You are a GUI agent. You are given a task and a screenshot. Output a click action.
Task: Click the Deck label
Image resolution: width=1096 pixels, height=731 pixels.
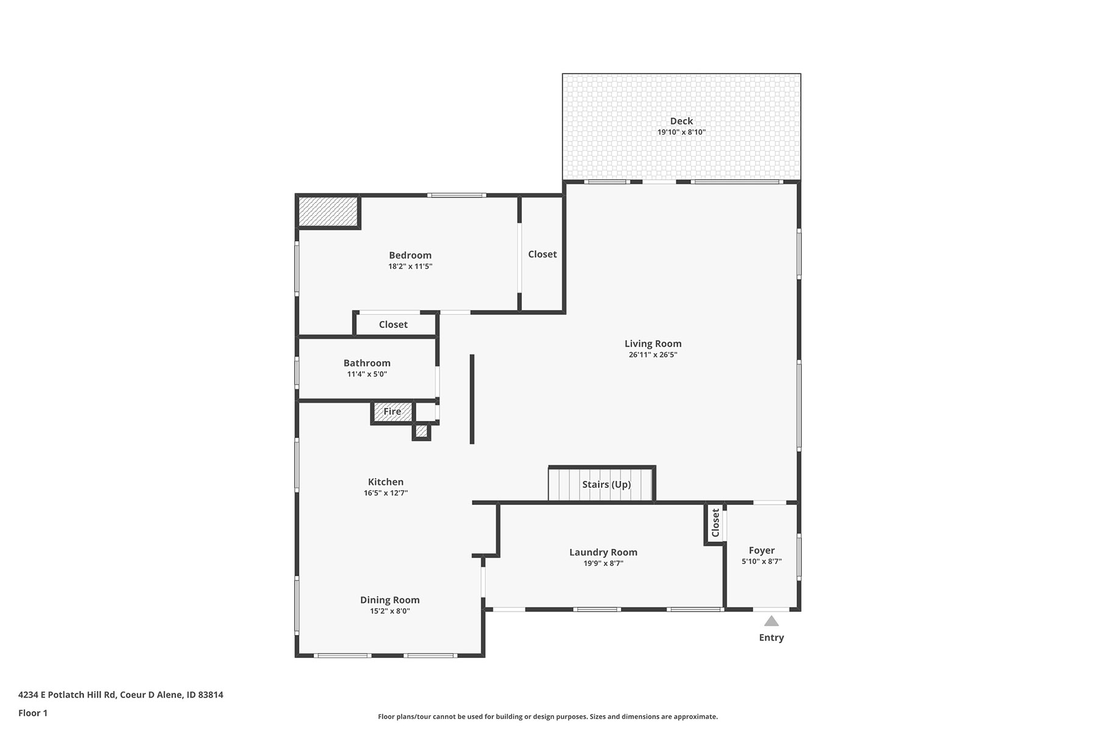[x=681, y=121]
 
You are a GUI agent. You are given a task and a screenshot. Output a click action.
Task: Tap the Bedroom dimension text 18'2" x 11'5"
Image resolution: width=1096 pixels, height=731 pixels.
[x=410, y=266]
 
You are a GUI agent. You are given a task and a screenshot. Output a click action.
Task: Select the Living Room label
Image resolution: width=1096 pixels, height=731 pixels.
[x=653, y=344]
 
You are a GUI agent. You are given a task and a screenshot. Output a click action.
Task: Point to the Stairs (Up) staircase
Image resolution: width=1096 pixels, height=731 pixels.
[x=601, y=484]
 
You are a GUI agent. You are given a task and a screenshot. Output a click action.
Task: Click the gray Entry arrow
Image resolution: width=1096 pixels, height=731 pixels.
[x=771, y=621]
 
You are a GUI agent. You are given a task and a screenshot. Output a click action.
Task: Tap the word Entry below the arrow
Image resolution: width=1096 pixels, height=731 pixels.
[x=771, y=638]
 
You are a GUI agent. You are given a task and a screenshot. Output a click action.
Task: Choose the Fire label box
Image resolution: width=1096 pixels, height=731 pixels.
[x=392, y=412]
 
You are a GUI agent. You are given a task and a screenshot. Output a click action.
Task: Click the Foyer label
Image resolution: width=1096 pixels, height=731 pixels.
[x=762, y=550]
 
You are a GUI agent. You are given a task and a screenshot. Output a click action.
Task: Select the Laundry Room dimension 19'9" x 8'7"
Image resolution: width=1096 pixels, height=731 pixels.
[x=603, y=563]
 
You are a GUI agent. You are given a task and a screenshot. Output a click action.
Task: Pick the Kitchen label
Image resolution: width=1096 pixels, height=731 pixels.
[x=385, y=482]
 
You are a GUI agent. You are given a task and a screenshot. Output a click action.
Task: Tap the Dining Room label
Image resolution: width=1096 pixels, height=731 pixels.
[x=390, y=600]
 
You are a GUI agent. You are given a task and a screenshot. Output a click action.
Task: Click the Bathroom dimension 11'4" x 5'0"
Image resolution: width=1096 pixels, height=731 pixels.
[x=367, y=374]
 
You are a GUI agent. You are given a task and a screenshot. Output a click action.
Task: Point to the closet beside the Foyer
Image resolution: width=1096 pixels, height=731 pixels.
[x=715, y=523]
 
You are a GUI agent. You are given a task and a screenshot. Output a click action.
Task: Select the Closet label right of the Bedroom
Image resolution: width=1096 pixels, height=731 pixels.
[x=543, y=254]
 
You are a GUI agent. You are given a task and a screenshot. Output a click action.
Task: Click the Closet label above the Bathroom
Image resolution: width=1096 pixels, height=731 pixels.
[x=393, y=325]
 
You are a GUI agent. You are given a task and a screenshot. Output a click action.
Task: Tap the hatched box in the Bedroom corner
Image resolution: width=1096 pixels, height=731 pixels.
[x=328, y=211]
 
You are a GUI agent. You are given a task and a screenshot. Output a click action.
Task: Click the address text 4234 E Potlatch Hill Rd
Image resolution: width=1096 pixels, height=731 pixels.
[x=66, y=694]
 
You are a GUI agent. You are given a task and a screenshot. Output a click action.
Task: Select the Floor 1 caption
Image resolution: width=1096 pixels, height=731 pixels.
[x=33, y=713]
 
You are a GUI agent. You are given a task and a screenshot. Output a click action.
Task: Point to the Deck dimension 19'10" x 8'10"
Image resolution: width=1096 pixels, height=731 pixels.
[x=681, y=132]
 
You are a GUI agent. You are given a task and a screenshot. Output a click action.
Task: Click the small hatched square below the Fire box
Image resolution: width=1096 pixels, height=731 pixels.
[x=421, y=431]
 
